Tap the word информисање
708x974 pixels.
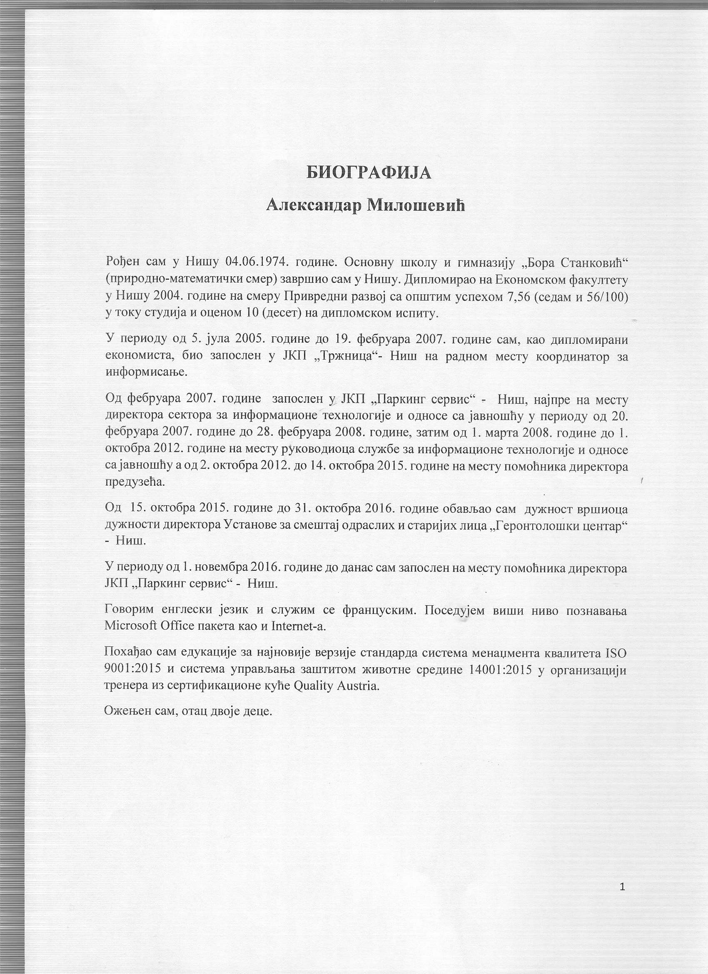(x=147, y=372)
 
